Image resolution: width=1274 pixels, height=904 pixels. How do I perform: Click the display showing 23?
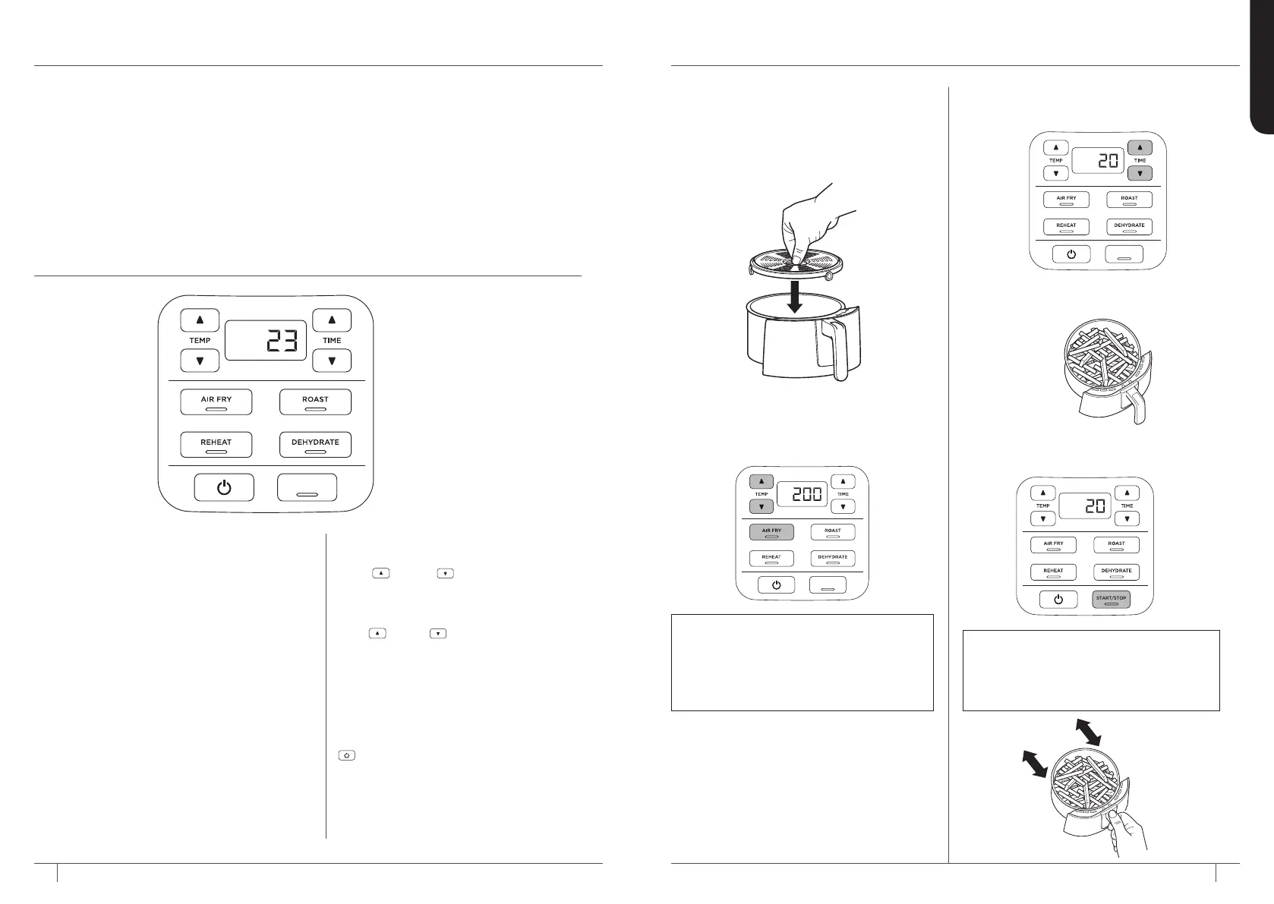coord(264,340)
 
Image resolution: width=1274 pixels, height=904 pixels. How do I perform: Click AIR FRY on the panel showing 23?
coord(216,402)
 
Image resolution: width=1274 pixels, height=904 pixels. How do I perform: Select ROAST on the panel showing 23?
coord(315,402)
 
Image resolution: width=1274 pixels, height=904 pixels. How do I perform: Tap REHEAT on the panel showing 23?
coord(216,444)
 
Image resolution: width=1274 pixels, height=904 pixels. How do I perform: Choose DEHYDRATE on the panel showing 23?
coord(315,444)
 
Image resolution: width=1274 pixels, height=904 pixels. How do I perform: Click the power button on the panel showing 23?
coord(224,487)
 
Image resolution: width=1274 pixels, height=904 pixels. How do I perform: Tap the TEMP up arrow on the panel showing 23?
coord(200,320)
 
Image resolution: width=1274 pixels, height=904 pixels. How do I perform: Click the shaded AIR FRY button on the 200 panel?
coord(771,532)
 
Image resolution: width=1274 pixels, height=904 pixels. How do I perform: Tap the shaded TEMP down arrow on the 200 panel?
coord(762,506)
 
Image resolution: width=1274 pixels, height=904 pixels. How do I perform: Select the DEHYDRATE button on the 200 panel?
coord(832,559)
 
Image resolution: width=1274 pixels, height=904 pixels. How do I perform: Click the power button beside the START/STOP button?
coord(1058,599)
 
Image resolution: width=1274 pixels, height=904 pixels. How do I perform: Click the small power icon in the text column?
coord(346,756)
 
